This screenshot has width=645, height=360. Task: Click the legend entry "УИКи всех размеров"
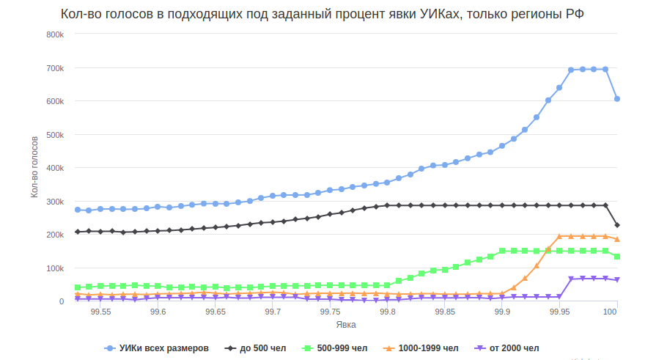(x=163, y=348)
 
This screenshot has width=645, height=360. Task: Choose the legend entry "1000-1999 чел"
(x=428, y=348)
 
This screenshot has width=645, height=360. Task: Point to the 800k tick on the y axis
(x=54, y=34)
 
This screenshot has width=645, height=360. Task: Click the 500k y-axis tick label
(x=54, y=135)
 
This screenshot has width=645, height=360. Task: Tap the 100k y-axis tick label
(x=54, y=268)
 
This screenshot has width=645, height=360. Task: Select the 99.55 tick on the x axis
(x=100, y=312)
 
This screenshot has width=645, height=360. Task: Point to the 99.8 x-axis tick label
(x=388, y=312)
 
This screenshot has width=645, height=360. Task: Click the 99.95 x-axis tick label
(x=560, y=312)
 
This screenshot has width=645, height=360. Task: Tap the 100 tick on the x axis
(x=610, y=312)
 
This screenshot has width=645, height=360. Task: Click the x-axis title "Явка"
(x=346, y=324)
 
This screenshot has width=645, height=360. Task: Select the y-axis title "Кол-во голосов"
(x=34, y=167)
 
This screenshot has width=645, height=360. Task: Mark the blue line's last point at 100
(x=617, y=99)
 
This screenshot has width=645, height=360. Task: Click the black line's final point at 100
(x=617, y=225)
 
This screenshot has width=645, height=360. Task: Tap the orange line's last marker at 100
(x=617, y=239)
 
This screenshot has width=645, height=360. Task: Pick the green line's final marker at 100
(x=617, y=257)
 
